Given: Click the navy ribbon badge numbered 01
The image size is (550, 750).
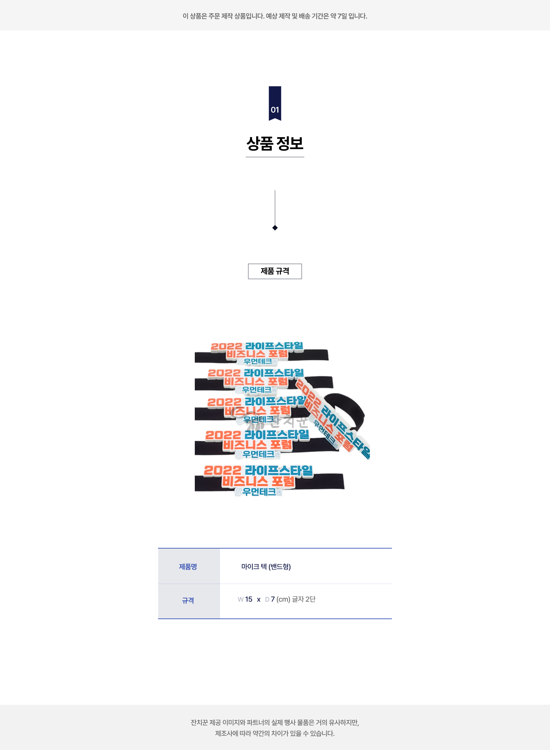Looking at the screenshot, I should [275, 103].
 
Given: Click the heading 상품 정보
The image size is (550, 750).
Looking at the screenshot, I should [275, 144].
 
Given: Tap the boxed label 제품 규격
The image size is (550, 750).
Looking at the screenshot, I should [275, 271].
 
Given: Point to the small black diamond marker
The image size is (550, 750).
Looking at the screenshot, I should [275, 228].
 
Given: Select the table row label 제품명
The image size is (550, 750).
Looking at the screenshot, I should [188, 566].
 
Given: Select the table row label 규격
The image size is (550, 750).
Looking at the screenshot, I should [188, 600].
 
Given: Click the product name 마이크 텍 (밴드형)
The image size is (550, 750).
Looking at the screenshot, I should [266, 566].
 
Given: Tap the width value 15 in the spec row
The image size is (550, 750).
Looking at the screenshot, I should [249, 599].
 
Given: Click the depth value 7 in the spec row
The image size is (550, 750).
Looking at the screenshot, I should [273, 599].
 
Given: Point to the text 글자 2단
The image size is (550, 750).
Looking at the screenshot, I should [304, 599].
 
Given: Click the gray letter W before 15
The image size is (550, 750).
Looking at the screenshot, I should [240, 599].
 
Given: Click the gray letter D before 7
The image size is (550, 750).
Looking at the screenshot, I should [267, 599].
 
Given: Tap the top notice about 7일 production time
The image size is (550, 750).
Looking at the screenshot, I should [275, 16].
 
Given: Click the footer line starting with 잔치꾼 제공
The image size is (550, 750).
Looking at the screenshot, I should [275, 722].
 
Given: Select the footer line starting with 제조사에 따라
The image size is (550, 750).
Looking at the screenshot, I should [275, 733].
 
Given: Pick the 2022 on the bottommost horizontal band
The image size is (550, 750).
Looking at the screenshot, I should [222, 470].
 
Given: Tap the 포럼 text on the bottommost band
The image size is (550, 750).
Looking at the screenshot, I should [283, 481].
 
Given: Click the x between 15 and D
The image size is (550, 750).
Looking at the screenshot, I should [259, 599].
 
